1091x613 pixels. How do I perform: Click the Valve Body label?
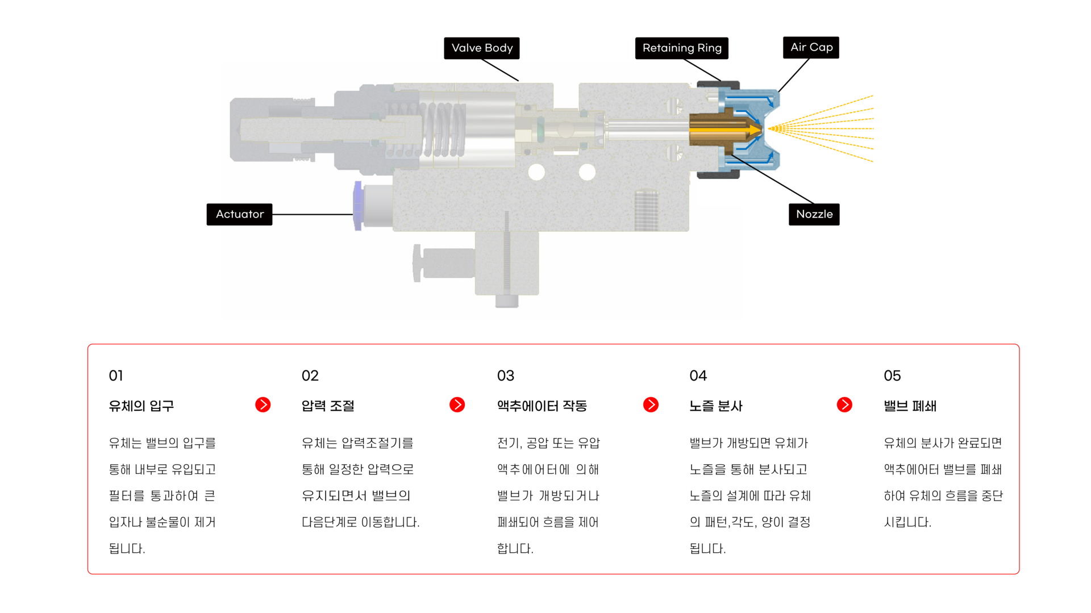[482, 48]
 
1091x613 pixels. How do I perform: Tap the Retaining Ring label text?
[682, 48]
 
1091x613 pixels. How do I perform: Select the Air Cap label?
[811, 47]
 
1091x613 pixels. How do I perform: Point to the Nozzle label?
[814, 214]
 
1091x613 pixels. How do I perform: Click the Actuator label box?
[240, 214]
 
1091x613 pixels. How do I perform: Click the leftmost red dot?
[263, 405]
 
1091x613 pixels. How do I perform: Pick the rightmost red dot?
[844, 405]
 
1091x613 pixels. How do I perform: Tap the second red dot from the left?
[457, 405]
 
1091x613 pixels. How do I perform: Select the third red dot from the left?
[651, 405]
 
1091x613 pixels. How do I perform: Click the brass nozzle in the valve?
[716, 130]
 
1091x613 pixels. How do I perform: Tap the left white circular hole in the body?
[536, 172]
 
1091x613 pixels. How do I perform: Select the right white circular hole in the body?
[587, 172]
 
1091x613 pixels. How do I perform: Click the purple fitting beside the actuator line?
[357, 206]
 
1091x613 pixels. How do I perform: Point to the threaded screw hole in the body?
[646, 210]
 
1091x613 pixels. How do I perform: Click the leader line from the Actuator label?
[313, 214]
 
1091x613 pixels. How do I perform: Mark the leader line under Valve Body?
[502, 72]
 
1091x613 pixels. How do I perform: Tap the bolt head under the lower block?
[506, 301]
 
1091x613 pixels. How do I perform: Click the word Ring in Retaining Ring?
[709, 48]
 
